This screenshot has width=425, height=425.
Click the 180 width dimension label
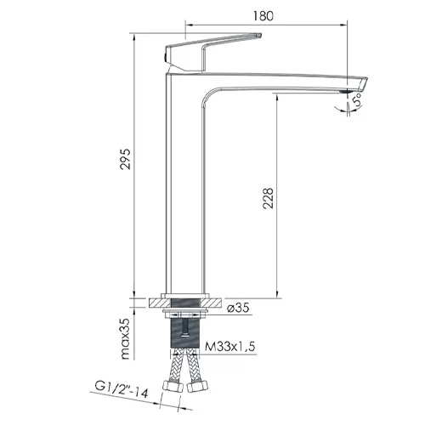click(x=263, y=16)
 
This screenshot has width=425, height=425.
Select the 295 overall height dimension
click(x=125, y=159)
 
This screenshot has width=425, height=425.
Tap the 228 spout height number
click(x=268, y=198)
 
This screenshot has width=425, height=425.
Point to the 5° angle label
click(x=357, y=99)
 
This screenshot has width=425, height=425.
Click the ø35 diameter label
click(x=238, y=307)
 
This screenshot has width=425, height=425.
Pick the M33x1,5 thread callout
click(x=230, y=346)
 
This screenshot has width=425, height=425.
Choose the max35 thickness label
click(x=125, y=338)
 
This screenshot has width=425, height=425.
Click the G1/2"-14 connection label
click(x=122, y=390)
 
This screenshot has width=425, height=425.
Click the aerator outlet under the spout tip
click(x=345, y=92)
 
